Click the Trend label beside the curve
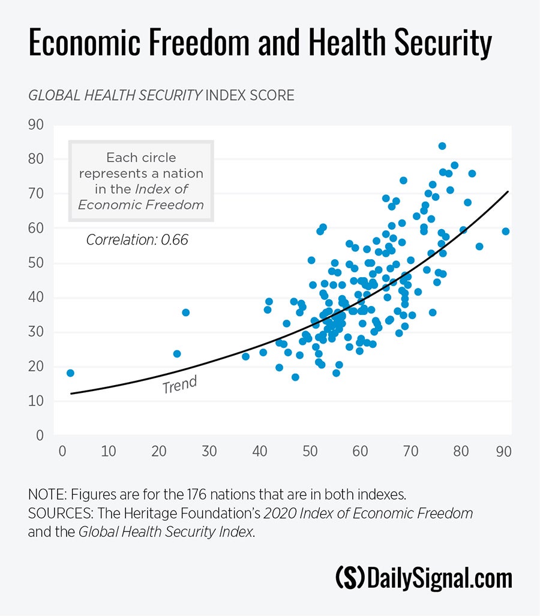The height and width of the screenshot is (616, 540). (x=179, y=385)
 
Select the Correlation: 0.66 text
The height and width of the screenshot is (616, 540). (x=137, y=240)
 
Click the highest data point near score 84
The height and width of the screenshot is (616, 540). (x=442, y=146)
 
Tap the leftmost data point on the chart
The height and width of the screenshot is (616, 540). (x=70, y=373)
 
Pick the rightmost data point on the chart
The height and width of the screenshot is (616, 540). (x=506, y=232)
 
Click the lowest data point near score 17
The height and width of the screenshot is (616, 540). (x=295, y=377)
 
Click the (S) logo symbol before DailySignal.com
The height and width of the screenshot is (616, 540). (x=349, y=578)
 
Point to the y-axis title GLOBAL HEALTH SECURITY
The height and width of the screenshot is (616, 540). (x=114, y=95)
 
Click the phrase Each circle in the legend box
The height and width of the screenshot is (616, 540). (x=141, y=158)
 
